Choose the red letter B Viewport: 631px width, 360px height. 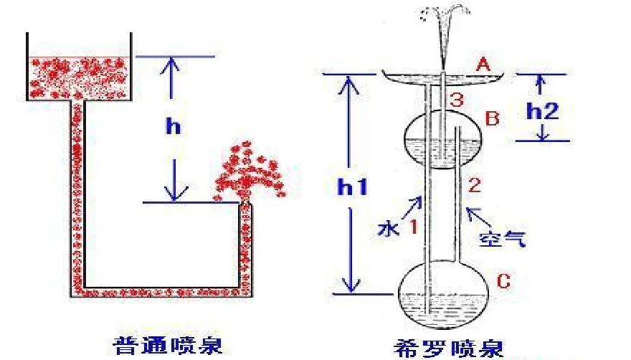(x=492, y=118)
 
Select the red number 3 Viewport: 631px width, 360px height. (x=456, y=100)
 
